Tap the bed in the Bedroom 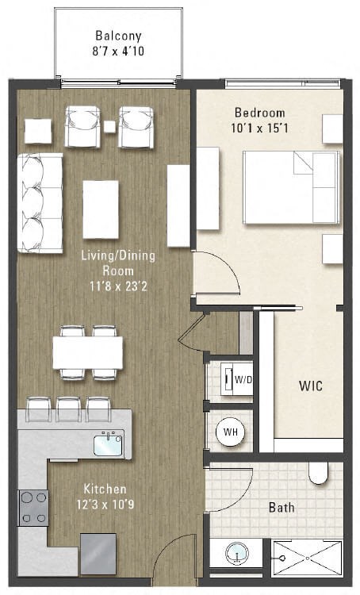click(290, 187)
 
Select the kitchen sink click(108, 444)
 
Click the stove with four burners click(33, 508)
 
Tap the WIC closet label click(310, 386)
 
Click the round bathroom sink click(237, 553)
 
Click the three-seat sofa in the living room click(40, 203)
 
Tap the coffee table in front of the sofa click(101, 209)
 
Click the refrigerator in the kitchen click(98, 552)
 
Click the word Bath click(281, 507)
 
